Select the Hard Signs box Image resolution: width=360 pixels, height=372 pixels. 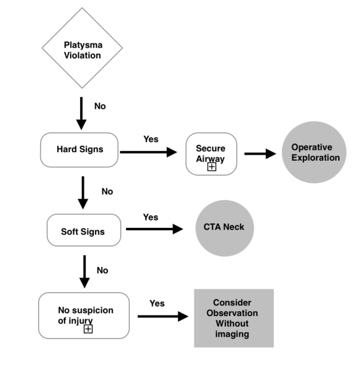click(79, 150)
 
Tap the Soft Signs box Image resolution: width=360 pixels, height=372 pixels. click(83, 232)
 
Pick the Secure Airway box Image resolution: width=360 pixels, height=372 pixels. click(211, 153)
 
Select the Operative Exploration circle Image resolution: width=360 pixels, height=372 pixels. click(316, 152)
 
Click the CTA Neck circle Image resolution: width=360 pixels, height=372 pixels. click(224, 227)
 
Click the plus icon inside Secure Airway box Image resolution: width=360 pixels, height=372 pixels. click(212, 167)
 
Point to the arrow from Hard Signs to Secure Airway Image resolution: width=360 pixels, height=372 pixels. click(148, 152)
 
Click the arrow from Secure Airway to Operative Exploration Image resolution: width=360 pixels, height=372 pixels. click(260, 153)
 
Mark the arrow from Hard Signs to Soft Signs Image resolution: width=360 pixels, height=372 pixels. click(83, 193)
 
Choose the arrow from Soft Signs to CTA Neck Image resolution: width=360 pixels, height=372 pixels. click(155, 229)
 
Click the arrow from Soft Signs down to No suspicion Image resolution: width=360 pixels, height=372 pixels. click(83, 271)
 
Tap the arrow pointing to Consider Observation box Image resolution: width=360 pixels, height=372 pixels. click(163, 316)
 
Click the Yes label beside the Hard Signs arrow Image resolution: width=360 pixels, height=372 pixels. click(151, 138)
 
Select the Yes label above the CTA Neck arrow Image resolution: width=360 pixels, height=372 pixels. click(150, 217)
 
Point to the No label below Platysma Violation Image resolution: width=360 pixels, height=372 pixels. click(100, 106)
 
